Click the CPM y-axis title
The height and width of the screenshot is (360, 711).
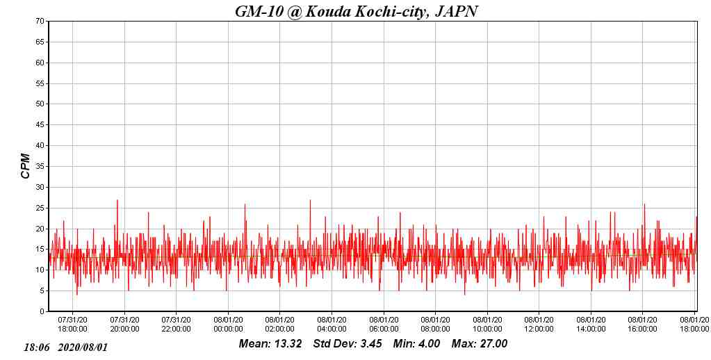click(26, 166)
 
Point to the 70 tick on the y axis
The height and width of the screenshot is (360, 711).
click(40, 22)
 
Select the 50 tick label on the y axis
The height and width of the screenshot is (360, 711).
click(40, 104)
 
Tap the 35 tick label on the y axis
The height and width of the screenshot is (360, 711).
click(40, 167)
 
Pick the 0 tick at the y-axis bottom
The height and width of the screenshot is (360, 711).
click(42, 311)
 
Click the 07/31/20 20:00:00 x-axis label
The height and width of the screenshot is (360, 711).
click(124, 325)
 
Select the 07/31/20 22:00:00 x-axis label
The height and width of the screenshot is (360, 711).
click(176, 325)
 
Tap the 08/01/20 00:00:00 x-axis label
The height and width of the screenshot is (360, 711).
click(228, 325)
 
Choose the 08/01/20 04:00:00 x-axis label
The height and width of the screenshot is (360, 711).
click(332, 325)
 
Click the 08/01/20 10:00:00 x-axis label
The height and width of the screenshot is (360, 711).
click(487, 325)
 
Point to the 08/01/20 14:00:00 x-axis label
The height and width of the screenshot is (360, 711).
click(591, 325)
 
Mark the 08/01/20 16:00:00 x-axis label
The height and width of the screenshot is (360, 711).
click(642, 325)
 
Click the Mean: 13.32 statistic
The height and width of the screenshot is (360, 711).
click(270, 344)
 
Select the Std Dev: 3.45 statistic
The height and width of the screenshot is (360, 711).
click(348, 344)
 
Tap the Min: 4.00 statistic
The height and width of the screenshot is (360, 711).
click(416, 344)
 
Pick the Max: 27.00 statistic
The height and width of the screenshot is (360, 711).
click(480, 344)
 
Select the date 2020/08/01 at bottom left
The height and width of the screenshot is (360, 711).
click(83, 347)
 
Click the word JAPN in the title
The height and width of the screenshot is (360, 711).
click(456, 11)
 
